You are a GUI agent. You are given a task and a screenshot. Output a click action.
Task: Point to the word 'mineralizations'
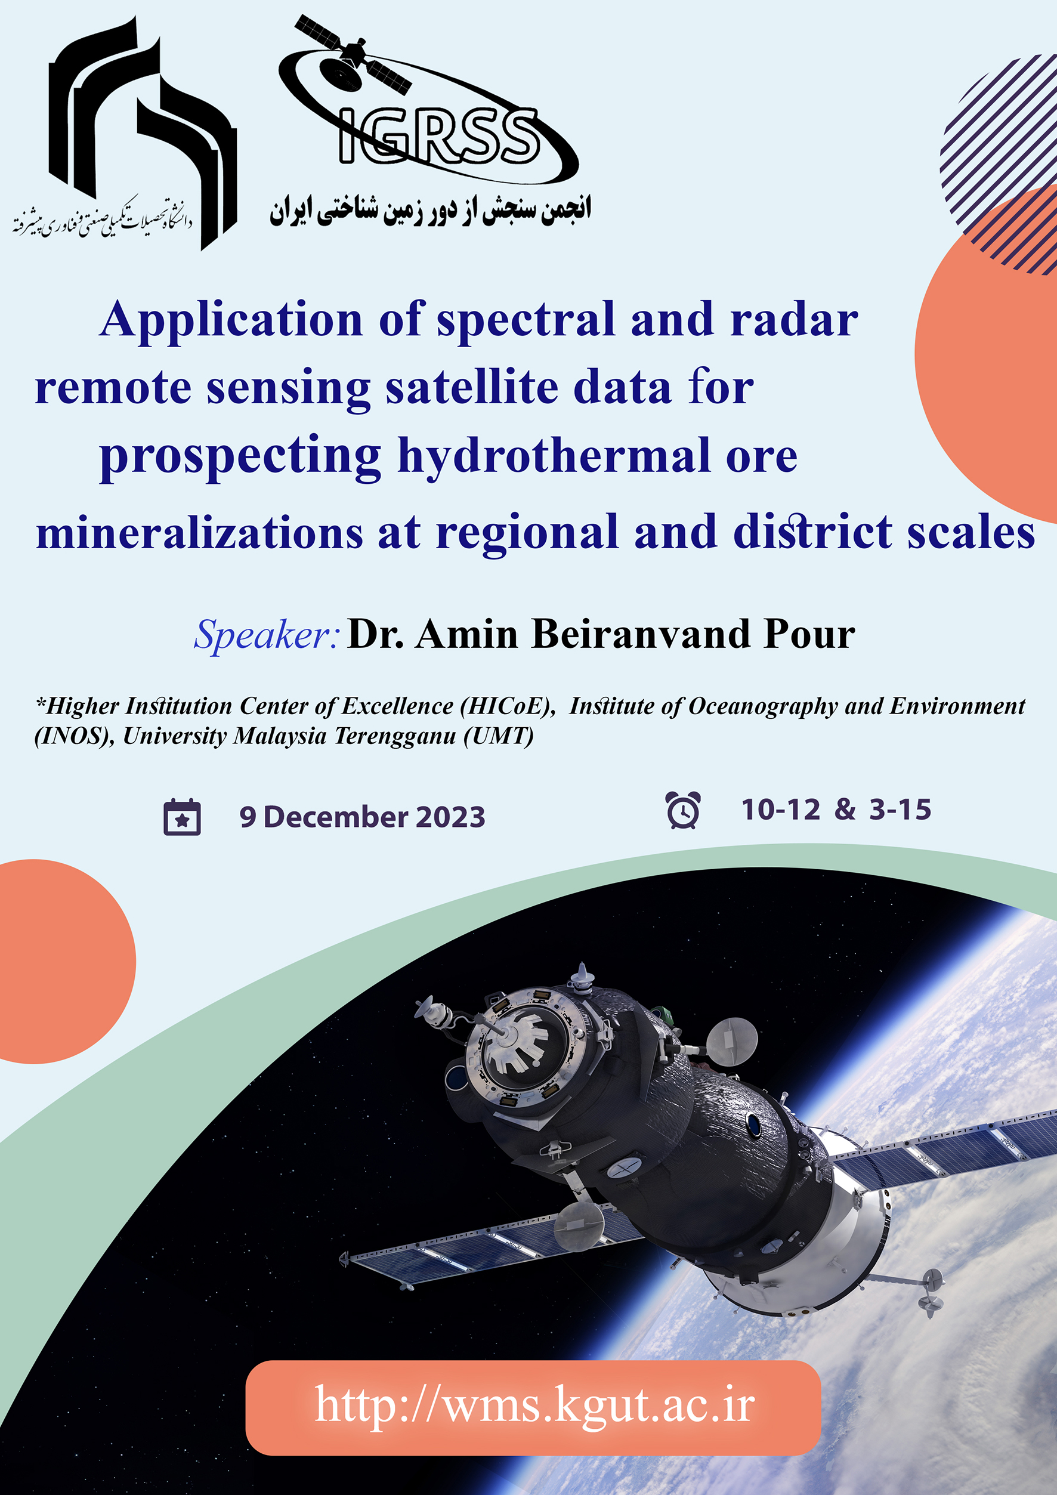199,533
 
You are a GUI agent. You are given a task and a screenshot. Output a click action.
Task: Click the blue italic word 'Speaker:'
267,634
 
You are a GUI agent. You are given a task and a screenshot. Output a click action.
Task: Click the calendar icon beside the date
183,817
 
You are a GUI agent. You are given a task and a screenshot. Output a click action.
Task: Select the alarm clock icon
683,810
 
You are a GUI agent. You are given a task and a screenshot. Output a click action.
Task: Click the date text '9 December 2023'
363,817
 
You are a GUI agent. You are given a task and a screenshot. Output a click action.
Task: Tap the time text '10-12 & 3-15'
836,810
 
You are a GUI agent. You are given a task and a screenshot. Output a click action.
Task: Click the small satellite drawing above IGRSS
353,55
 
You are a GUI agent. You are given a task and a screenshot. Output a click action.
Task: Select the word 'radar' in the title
794,320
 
